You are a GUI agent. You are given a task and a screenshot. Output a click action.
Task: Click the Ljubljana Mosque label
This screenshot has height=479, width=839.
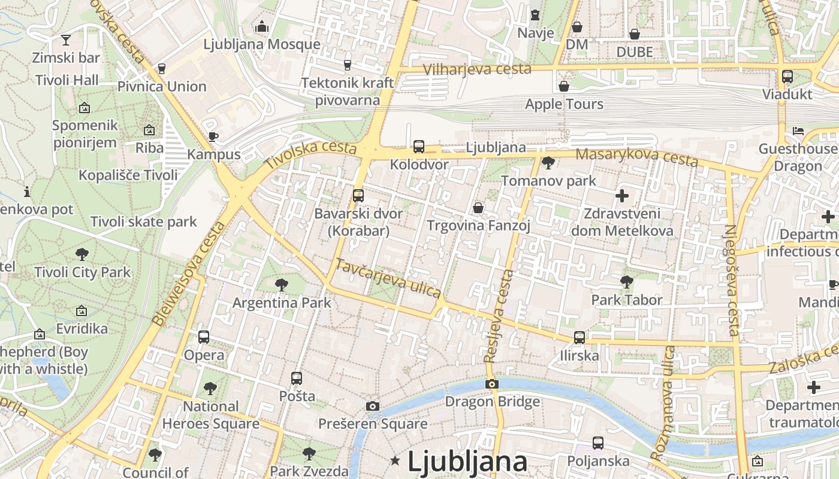(x=262, y=44)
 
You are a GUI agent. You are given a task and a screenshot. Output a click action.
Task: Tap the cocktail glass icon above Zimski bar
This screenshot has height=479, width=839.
(x=66, y=40)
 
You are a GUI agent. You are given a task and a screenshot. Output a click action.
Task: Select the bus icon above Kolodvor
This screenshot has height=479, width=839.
(x=419, y=146)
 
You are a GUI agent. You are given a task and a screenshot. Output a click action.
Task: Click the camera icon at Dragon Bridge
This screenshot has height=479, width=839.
(x=492, y=384)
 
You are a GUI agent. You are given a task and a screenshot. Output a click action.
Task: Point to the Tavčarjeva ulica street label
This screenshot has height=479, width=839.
(x=388, y=278)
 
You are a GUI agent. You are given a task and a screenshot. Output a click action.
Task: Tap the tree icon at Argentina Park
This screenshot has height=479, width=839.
(x=281, y=285)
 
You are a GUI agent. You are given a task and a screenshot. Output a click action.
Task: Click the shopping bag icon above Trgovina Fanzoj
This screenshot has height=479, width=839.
(x=478, y=208)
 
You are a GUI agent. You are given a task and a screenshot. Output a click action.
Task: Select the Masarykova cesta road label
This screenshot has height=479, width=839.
(x=636, y=157)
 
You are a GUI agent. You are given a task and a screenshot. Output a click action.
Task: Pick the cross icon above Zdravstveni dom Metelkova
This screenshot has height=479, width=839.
(x=622, y=195)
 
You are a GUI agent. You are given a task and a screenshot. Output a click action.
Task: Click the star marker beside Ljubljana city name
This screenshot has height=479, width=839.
(x=395, y=460)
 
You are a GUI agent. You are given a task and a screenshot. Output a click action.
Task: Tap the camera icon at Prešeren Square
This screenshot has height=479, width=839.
(x=373, y=407)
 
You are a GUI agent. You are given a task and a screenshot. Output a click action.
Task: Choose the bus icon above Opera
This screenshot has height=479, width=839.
(x=204, y=337)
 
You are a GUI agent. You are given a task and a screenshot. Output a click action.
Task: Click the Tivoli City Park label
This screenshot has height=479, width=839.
(x=82, y=272)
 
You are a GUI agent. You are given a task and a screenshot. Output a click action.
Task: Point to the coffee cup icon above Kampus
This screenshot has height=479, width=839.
(x=213, y=137)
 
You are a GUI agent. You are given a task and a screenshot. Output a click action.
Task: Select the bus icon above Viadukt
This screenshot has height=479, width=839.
(x=787, y=77)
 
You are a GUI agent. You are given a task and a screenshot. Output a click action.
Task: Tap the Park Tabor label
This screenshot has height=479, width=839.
(x=627, y=299)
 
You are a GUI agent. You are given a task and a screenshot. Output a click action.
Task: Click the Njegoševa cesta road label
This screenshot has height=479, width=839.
(x=732, y=280)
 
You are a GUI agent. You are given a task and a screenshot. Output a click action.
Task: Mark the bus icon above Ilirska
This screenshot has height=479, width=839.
(x=580, y=338)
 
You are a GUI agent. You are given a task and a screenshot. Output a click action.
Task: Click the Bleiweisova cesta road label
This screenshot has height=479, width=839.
(x=189, y=274)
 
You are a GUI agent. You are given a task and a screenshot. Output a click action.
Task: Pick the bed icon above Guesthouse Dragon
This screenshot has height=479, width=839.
(x=798, y=131)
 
